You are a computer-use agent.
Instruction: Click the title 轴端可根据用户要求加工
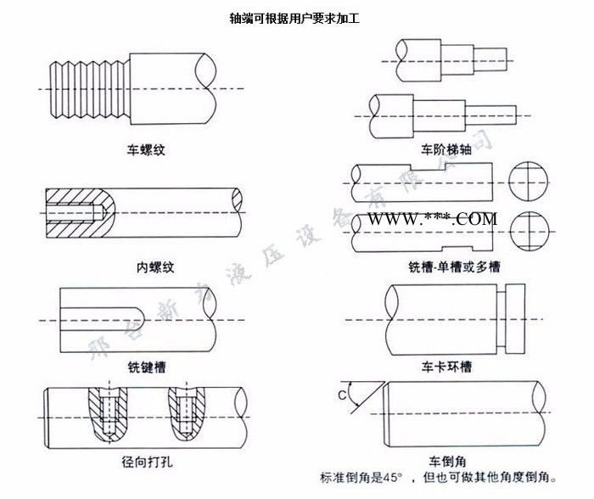294,17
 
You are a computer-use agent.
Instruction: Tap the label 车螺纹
144,149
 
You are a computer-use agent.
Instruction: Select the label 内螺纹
155,267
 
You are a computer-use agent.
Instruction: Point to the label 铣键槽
146,367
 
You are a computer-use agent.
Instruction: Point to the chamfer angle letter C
342,395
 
